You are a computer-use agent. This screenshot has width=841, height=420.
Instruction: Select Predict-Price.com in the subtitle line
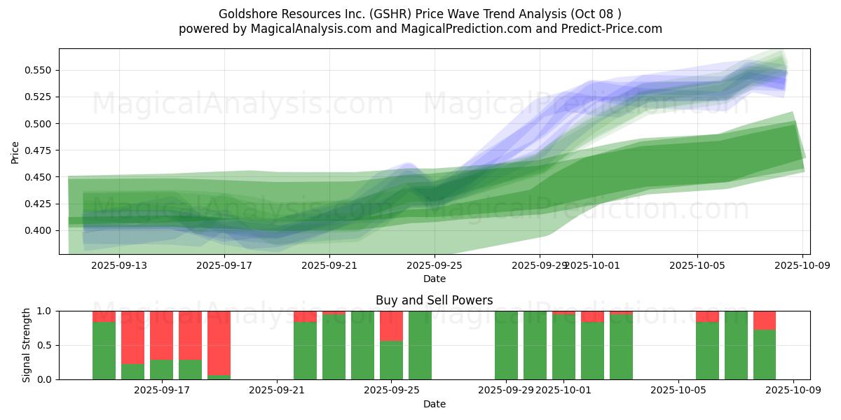[613, 29]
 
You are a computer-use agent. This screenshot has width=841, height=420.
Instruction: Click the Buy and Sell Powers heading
[434, 300]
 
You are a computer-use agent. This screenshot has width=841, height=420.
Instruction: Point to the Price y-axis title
[15, 152]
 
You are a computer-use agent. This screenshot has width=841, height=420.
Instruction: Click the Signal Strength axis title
[26, 345]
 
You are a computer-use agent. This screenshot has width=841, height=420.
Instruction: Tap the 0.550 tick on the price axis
[40, 70]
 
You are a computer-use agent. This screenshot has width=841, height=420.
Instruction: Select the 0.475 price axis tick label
[40, 150]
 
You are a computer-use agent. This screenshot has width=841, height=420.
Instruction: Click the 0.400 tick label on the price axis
[40, 230]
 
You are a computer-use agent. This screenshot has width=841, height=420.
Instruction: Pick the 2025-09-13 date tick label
[119, 265]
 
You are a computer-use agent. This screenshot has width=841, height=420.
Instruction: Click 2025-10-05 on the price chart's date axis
[697, 265]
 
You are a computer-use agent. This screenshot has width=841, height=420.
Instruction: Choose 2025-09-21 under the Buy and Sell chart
[277, 391]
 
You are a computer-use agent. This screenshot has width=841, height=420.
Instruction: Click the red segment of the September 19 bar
[219, 342]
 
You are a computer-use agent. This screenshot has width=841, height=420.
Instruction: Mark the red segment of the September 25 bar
[391, 325]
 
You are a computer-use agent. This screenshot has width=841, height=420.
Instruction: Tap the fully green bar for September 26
[420, 345]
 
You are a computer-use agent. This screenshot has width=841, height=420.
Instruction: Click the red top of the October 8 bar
[765, 320]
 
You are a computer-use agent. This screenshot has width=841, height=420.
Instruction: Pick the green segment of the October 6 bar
[707, 350]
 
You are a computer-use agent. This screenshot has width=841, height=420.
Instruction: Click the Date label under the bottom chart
[434, 404]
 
